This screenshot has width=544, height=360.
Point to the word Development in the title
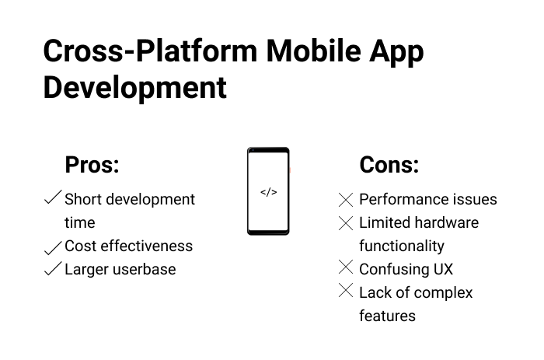point(134,88)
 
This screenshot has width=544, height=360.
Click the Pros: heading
point(92,165)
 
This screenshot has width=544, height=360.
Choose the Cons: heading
point(389,165)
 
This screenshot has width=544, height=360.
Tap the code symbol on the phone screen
point(268,192)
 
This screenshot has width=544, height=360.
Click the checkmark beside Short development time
point(53,198)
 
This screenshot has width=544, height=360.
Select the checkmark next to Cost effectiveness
point(53,247)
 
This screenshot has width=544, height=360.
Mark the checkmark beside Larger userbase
point(53,269)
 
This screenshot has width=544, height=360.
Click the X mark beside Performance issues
point(347,200)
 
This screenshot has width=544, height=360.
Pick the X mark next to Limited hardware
point(347,223)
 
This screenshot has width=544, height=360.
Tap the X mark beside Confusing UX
point(347,268)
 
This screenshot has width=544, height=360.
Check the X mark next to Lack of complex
point(347,292)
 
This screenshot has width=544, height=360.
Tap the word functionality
point(402,246)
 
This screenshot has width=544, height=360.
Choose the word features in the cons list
point(387,316)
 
